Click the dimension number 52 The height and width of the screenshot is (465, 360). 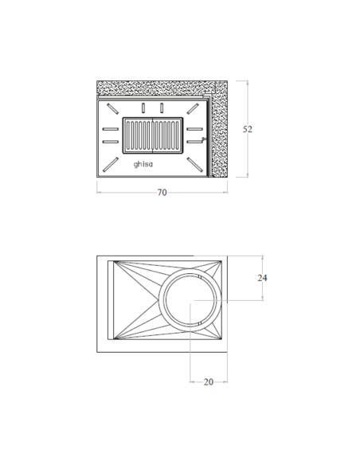248,129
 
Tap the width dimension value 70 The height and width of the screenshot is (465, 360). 162,193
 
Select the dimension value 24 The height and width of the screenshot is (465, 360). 262,278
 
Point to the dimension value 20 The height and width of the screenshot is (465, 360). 209,382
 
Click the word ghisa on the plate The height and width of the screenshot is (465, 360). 143,164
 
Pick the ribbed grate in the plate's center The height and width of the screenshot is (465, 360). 153,135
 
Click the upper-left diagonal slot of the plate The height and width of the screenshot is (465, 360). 112,109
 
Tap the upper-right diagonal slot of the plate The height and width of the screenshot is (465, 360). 193,108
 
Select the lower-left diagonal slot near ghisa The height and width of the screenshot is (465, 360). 111,165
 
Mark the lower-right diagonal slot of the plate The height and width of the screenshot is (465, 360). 195,165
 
